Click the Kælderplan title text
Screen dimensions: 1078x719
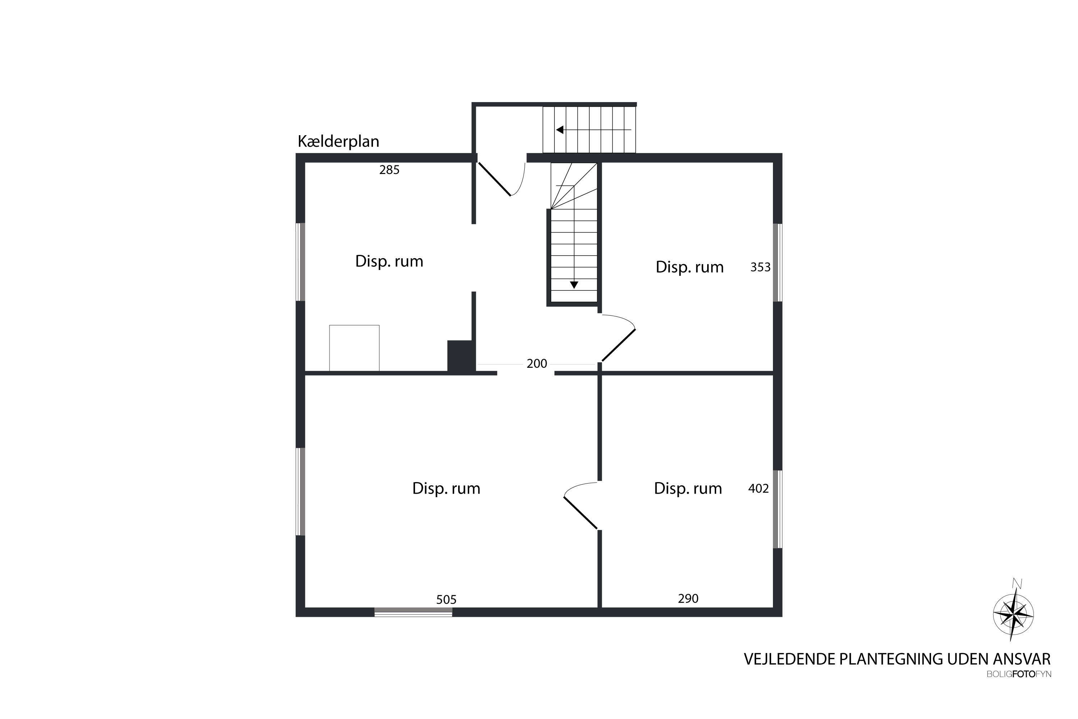pyautogui.click(x=338, y=141)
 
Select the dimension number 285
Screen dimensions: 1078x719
pyautogui.click(x=389, y=170)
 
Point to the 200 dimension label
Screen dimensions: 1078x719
pyautogui.click(x=537, y=363)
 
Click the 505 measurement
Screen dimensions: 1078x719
pyautogui.click(x=446, y=599)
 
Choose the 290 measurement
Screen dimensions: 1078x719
pyautogui.click(x=688, y=599)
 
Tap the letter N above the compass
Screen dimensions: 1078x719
pyautogui.click(x=1017, y=583)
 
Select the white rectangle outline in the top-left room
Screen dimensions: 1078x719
pyautogui.click(x=354, y=348)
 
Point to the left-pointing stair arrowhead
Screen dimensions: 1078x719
pyautogui.click(x=559, y=130)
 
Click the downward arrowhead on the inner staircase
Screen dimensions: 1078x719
pyautogui.click(x=574, y=285)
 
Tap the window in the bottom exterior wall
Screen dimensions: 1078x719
pyautogui.click(x=414, y=612)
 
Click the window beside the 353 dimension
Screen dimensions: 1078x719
pyautogui.click(x=778, y=262)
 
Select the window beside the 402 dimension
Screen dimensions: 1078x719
pyautogui.click(x=778, y=509)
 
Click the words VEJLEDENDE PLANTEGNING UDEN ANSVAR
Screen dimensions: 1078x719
pyautogui.click(x=897, y=659)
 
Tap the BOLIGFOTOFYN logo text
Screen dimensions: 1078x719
pyautogui.click(x=1019, y=674)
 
